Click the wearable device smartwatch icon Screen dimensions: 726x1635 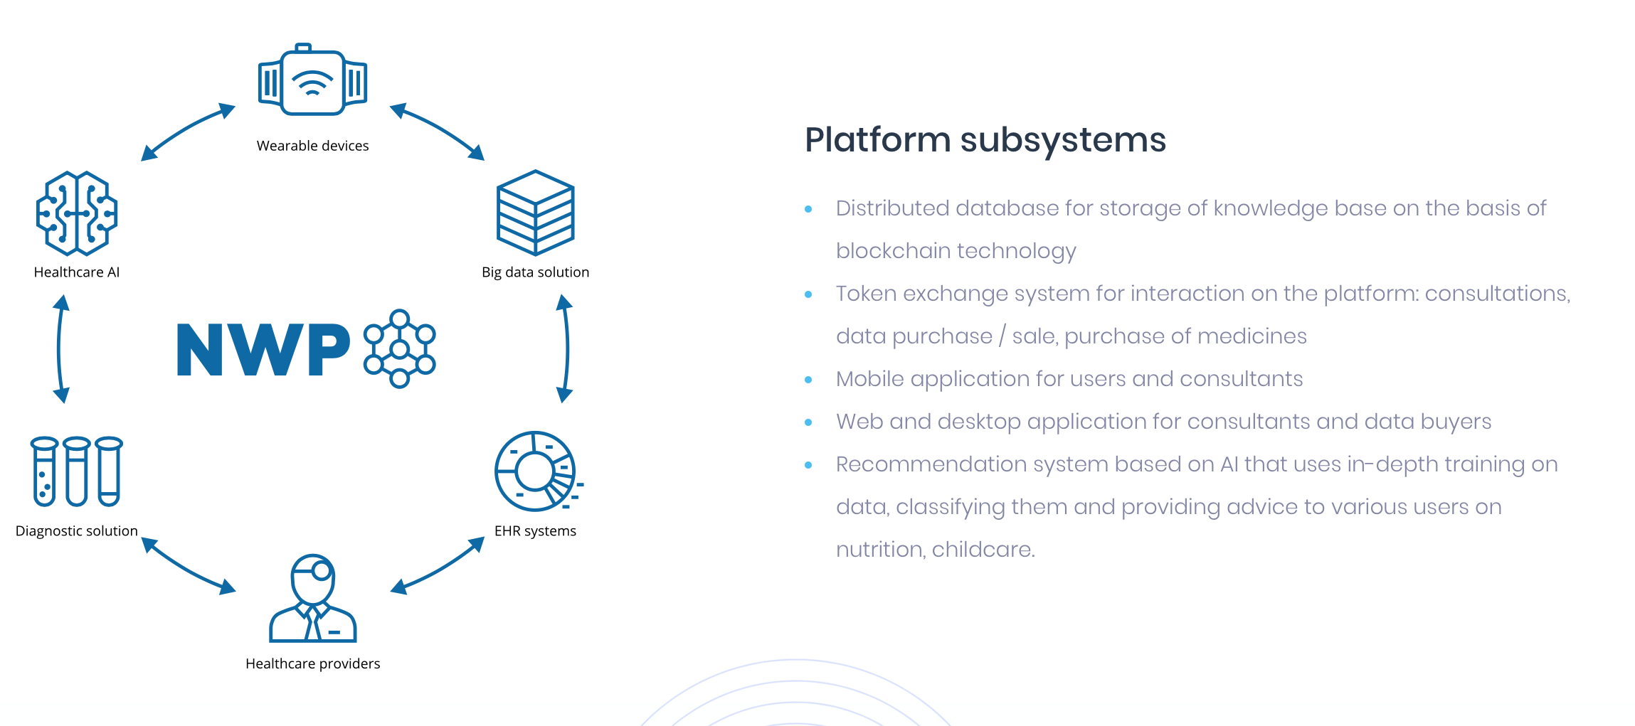coord(312,81)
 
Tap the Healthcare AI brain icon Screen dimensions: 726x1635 coord(77,213)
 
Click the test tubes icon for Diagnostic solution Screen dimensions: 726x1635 coord(76,471)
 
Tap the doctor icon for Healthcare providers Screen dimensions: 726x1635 coord(313,599)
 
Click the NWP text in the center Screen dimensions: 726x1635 coord(263,349)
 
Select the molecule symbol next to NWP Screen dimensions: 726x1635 coord(399,348)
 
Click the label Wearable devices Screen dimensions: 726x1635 coord(312,146)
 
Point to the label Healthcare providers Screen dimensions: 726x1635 coord(312,663)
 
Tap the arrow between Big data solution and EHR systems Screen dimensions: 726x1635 coord(566,348)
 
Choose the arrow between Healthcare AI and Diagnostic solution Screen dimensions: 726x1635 coord(60,348)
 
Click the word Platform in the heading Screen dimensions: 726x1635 coord(877,140)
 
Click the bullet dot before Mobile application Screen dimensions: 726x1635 coord(808,380)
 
